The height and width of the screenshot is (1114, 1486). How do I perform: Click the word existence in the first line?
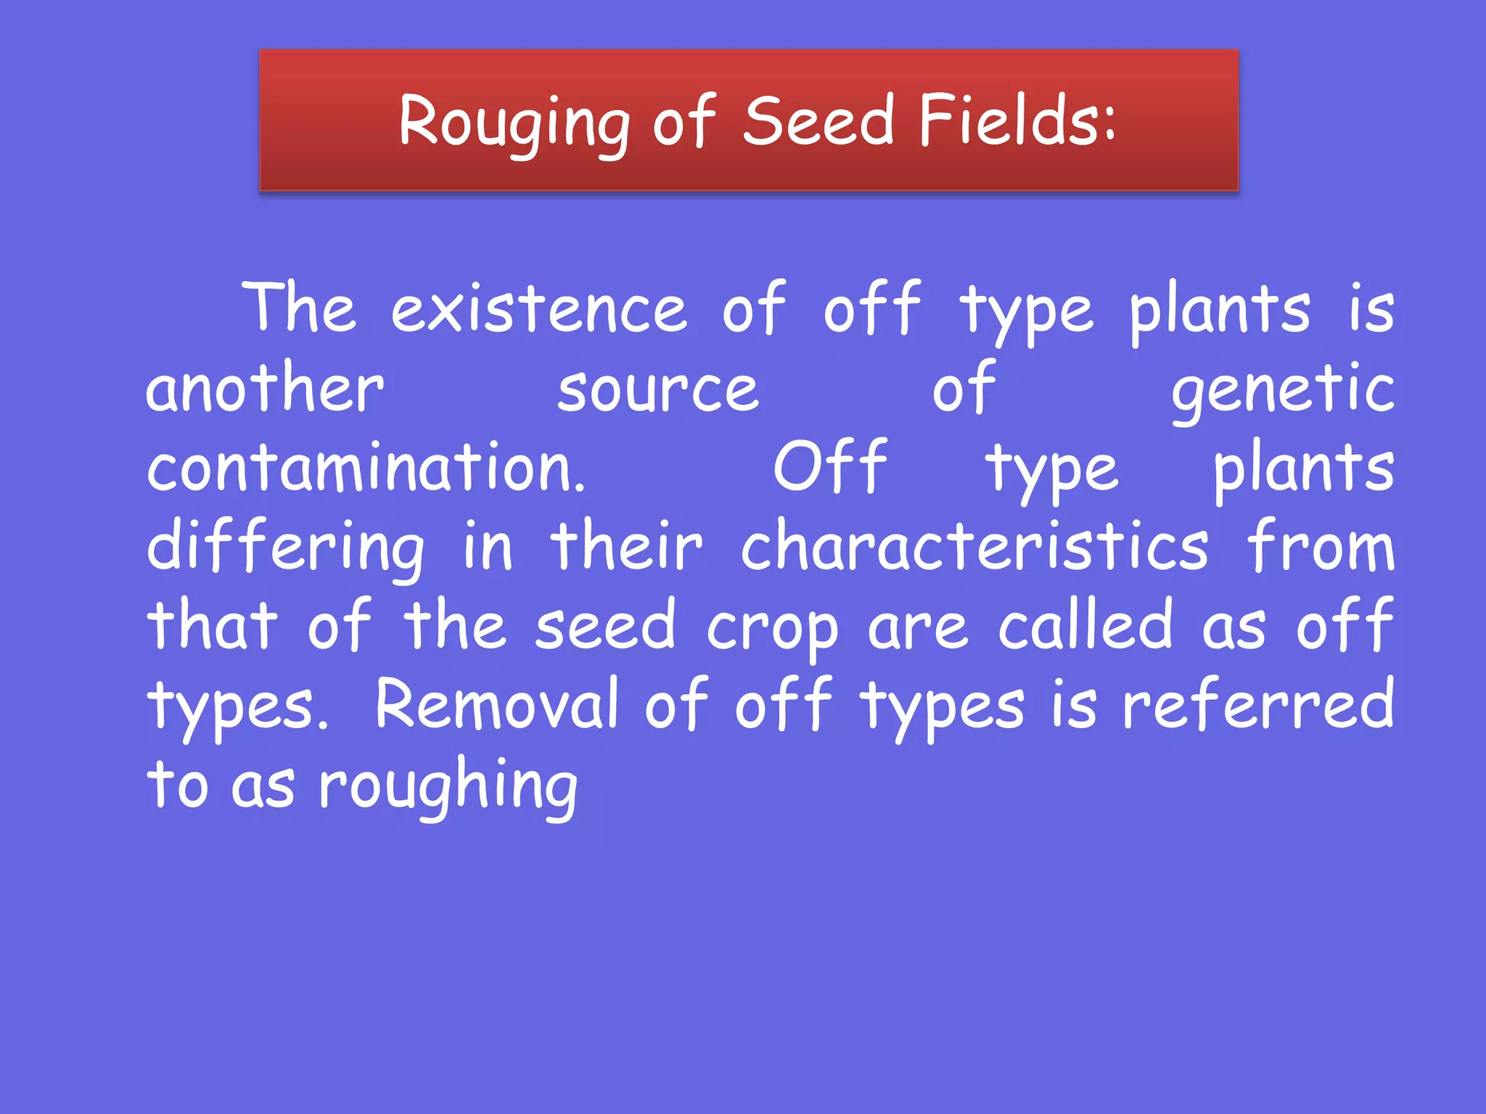point(538,310)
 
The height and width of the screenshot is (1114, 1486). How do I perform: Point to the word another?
point(264,389)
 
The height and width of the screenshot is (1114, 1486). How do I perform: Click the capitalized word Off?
point(829,469)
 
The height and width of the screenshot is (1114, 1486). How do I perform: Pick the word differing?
point(285,549)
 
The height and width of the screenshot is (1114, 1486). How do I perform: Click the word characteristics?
point(974,548)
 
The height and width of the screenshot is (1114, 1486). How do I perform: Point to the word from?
point(1320,548)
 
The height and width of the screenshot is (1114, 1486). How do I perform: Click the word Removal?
point(496,706)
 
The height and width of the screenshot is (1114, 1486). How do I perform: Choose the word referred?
point(1257,706)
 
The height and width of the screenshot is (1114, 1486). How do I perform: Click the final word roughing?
point(448,788)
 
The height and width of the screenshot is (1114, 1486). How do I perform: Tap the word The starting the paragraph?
point(299,310)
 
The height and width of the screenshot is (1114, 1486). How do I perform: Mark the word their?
point(626,548)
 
